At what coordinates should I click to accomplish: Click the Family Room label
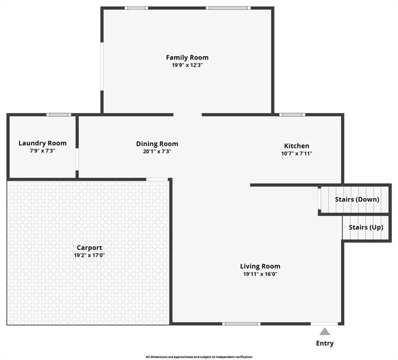click(x=187, y=58)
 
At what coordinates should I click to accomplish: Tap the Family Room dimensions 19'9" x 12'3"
click(x=187, y=65)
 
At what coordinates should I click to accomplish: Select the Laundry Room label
click(x=42, y=143)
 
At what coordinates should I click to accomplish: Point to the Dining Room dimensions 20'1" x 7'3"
click(x=157, y=151)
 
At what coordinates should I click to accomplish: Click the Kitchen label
click(x=297, y=146)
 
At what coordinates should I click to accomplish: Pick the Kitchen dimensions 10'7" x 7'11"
click(x=297, y=153)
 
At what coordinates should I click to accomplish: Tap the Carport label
click(x=89, y=247)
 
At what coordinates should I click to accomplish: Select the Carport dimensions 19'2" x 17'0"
click(x=89, y=255)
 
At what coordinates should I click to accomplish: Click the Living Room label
click(x=260, y=266)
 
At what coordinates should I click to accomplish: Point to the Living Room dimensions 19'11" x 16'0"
click(x=260, y=274)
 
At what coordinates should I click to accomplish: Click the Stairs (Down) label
click(x=357, y=200)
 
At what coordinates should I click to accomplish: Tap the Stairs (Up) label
click(x=366, y=227)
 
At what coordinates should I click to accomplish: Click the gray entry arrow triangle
click(x=325, y=332)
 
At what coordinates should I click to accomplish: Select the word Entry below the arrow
click(x=325, y=343)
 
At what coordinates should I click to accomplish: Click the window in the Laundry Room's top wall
click(x=59, y=114)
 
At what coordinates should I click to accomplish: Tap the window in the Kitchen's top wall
click(x=292, y=114)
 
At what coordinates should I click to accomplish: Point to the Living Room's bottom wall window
click(x=241, y=324)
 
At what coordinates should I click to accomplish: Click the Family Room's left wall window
click(x=102, y=67)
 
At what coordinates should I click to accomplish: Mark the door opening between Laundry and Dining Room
click(x=77, y=159)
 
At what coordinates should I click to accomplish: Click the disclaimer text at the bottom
click(x=199, y=357)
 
